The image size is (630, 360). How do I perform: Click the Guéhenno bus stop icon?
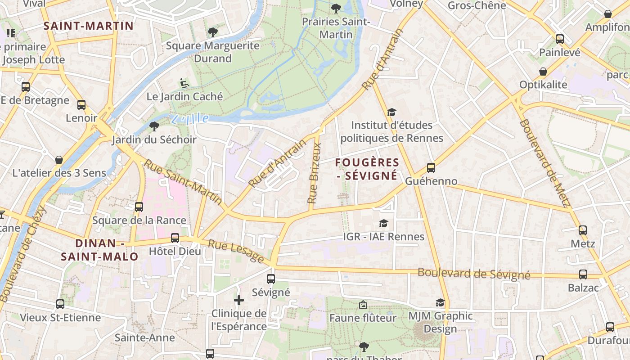431,168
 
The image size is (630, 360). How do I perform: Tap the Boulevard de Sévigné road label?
474,274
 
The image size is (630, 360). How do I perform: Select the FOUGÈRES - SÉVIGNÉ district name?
368,169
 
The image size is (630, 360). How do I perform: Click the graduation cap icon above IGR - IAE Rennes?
383,223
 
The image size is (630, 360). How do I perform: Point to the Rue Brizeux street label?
314,173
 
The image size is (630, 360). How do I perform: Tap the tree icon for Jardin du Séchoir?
154,126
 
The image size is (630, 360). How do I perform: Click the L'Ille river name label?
190,119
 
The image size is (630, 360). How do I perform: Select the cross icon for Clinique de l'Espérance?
239,300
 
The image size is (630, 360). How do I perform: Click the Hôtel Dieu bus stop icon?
175,238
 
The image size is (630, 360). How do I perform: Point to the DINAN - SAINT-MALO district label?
100,250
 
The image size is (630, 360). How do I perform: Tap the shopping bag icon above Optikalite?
543,72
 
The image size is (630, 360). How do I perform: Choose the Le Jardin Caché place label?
184,96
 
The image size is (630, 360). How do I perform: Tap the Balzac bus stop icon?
583,274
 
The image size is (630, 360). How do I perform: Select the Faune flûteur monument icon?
363,305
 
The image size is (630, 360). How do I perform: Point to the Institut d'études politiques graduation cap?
391,112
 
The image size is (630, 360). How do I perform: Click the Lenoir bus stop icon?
81,105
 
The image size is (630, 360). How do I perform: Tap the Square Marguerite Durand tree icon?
212,32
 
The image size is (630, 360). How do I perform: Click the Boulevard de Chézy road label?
23,254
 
